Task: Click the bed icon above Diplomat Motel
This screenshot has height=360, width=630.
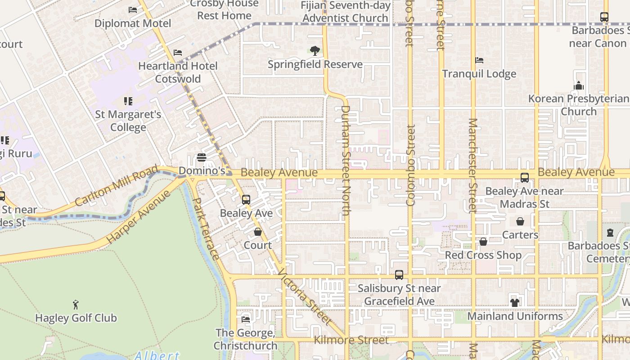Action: tap(133, 9)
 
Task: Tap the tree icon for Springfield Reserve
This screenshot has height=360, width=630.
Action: tap(315, 51)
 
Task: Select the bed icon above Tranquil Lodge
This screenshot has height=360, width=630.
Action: tap(479, 60)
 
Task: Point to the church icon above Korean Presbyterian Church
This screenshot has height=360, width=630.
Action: tap(579, 85)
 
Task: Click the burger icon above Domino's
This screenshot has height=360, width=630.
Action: tap(202, 157)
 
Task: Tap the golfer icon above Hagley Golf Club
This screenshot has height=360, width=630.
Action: tap(76, 305)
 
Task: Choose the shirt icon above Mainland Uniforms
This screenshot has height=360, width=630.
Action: tap(515, 302)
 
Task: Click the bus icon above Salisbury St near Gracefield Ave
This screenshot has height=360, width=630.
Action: tap(399, 274)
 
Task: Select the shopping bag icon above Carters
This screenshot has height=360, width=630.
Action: tap(520, 221)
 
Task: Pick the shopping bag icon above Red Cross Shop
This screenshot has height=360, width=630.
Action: tap(483, 242)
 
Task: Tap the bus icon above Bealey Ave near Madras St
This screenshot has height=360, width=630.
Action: tap(525, 178)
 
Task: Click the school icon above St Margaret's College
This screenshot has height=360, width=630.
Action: tap(128, 101)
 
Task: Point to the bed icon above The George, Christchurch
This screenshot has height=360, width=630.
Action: tap(246, 319)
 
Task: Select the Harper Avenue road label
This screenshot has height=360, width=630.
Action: tap(139, 217)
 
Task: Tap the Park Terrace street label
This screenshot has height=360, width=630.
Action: tap(206, 229)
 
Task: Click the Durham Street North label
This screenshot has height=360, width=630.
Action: tap(345, 162)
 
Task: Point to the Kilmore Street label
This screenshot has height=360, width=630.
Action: tap(351, 340)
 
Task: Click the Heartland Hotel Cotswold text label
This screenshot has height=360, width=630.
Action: tap(178, 72)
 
